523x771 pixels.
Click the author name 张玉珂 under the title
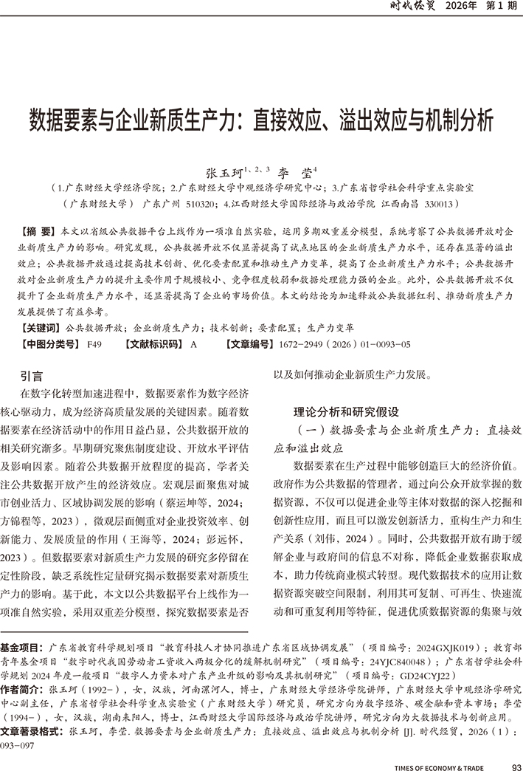pos(224,171)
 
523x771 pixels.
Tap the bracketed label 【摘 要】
pos(39,231)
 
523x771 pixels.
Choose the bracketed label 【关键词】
pos(40,325)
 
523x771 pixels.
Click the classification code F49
pos(94,344)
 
